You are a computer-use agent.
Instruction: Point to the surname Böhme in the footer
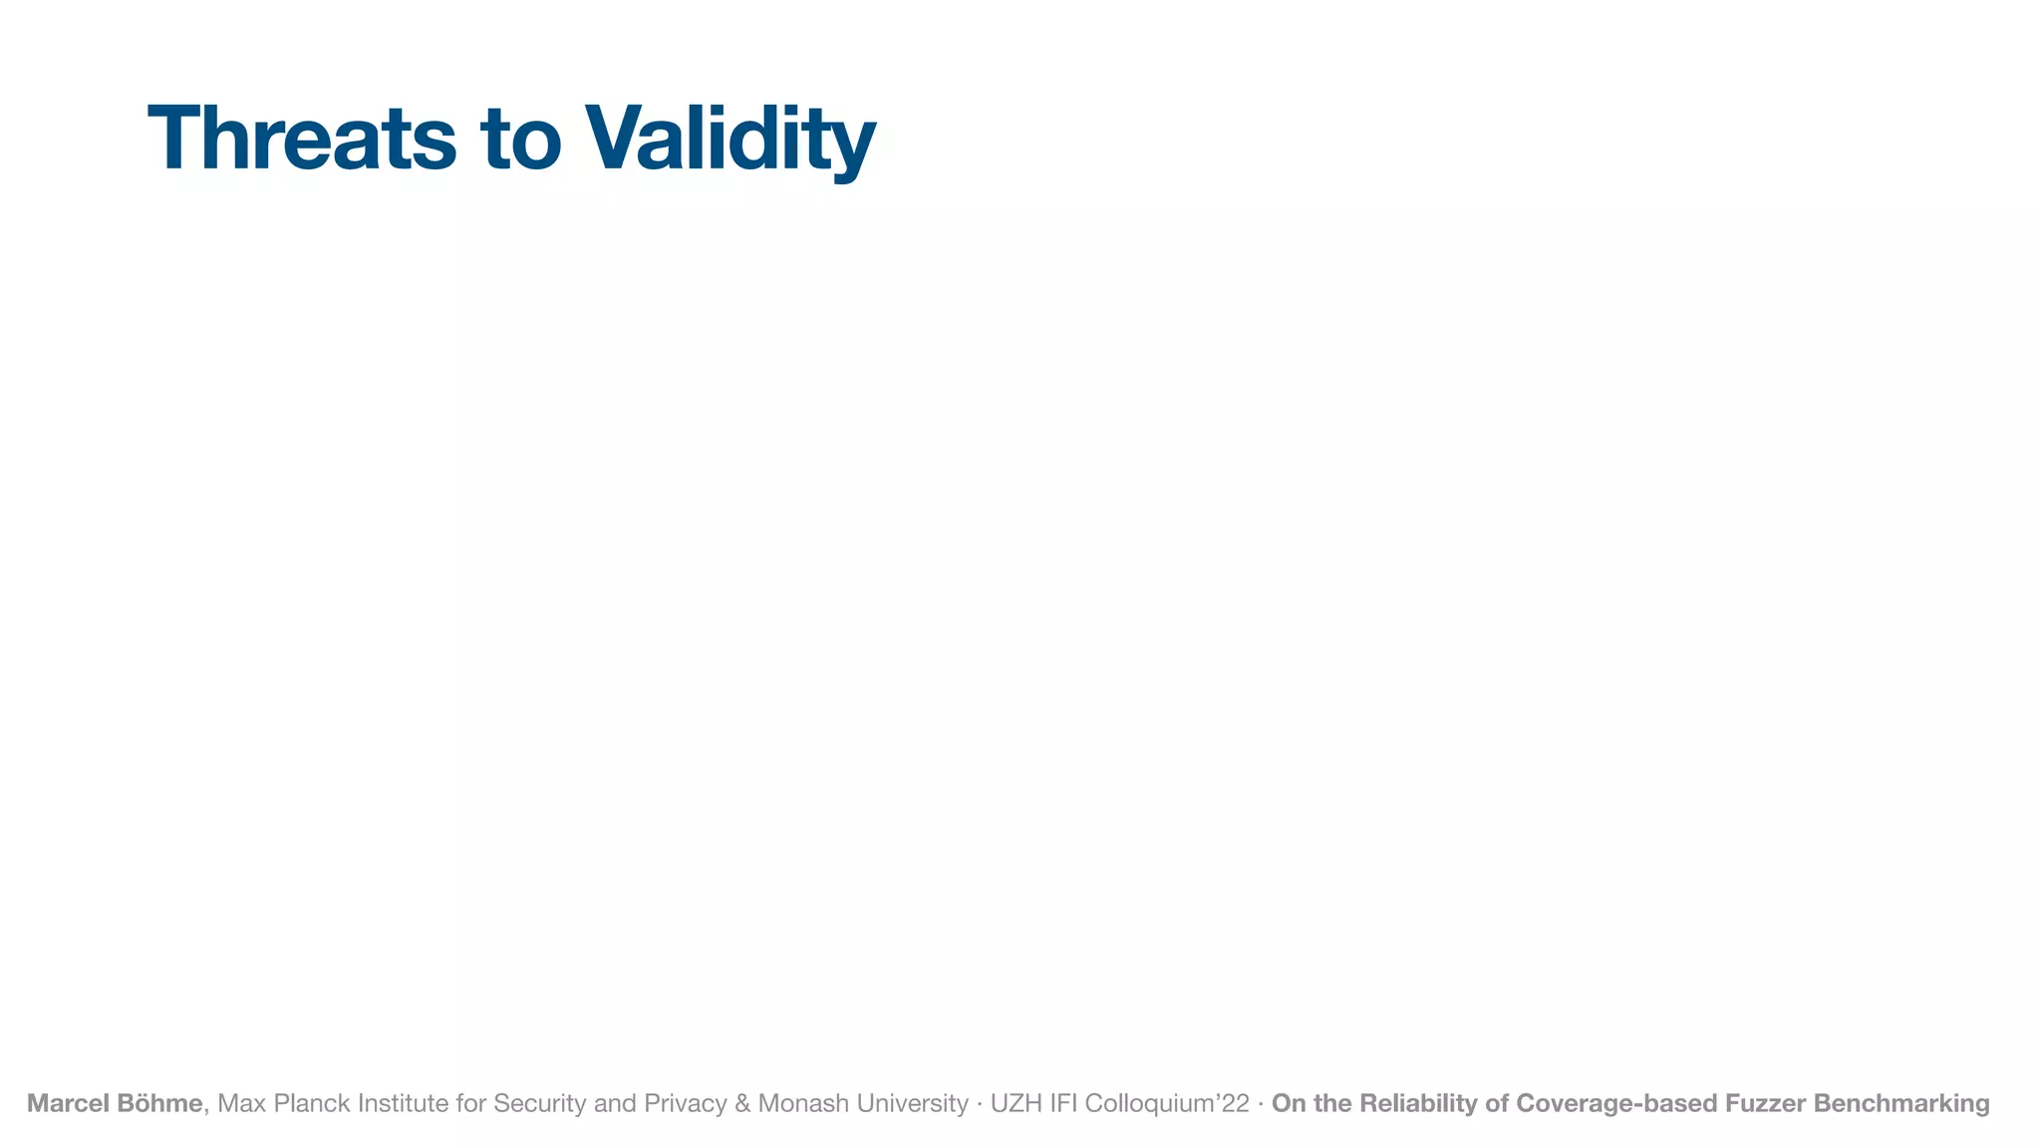click(x=159, y=1103)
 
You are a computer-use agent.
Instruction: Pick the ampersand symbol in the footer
click(x=742, y=1103)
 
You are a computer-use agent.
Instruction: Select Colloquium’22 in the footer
click(x=1167, y=1103)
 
